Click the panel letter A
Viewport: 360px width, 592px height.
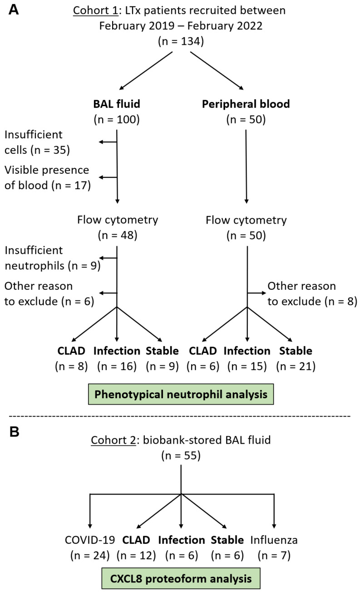click(x=14, y=10)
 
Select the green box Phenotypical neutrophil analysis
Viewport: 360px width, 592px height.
click(x=181, y=394)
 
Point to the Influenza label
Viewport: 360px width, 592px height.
click(x=274, y=540)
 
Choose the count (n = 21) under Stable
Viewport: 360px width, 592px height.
click(x=296, y=366)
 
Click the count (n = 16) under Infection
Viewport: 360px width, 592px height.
click(x=117, y=366)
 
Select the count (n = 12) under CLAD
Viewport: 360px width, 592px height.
click(x=136, y=555)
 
